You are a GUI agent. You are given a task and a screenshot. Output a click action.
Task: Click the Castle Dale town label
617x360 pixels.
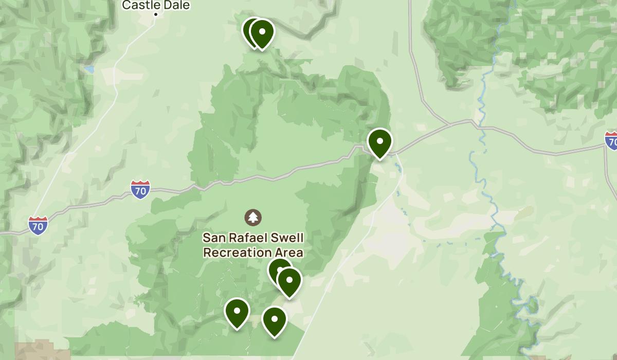pyautogui.click(x=156, y=5)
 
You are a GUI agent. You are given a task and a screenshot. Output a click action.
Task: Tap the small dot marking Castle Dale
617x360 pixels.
pyautogui.click(x=156, y=14)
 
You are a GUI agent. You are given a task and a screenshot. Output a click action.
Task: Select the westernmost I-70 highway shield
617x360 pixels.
pyautogui.click(x=38, y=225)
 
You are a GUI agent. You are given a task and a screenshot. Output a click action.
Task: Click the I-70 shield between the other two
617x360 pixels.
pyautogui.click(x=140, y=189)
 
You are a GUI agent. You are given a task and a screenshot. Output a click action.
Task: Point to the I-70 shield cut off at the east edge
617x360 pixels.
pyautogui.click(x=611, y=140)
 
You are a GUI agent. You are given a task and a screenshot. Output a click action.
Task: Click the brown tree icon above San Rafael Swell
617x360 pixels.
pyautogui.click(x=252, y=218)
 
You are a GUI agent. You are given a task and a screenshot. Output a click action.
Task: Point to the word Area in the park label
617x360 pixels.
pyautogui.click(x=288, y=253)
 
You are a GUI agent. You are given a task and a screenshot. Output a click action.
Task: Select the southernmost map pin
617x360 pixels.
pyautogui.click(x=274, y=319)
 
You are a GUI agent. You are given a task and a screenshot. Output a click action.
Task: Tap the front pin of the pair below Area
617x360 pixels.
pyautogui.click(x=289, y=280)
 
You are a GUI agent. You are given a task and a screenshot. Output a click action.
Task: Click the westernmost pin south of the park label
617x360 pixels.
pyautogui.click(x=237, y=311)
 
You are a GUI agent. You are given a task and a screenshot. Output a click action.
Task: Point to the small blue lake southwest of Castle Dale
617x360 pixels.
pyautogui.click(x=89, y=69)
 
